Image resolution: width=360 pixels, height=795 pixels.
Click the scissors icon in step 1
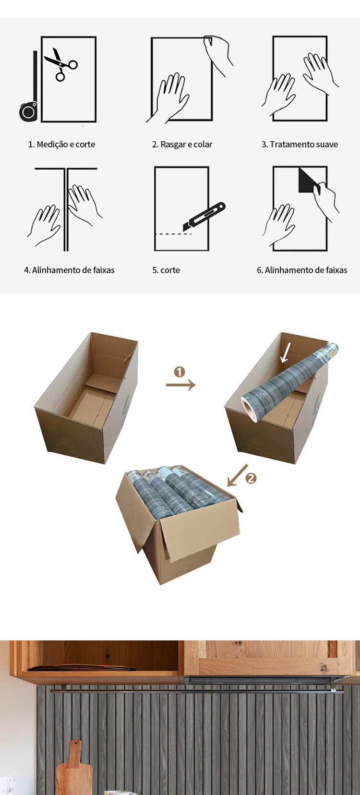click(x=60, y=63)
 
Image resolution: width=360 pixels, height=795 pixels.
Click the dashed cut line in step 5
click(x=174, y=234)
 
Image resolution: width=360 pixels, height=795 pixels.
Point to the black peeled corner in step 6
click(x=307, y=180)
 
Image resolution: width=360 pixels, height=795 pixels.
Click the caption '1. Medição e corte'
click(x=62, y=145)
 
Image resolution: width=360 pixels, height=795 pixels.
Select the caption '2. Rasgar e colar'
click(x=182, y=145)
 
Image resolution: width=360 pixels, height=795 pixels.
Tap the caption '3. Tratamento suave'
click(x=300, y=145)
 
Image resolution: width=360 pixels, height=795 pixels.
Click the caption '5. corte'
click(x=166, y=270)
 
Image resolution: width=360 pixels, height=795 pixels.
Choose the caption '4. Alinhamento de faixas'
click(x=69, y=270)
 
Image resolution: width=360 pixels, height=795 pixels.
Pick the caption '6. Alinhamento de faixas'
click(x=302, y=270)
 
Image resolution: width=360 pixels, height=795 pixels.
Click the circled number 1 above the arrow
click(x=180, y=372)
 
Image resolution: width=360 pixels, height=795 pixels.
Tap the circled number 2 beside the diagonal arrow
click(x=251, y=479)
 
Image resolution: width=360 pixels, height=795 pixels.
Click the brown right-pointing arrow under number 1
click(x=180, y=385)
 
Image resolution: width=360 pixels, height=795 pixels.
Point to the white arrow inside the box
click(x=285, y=353)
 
